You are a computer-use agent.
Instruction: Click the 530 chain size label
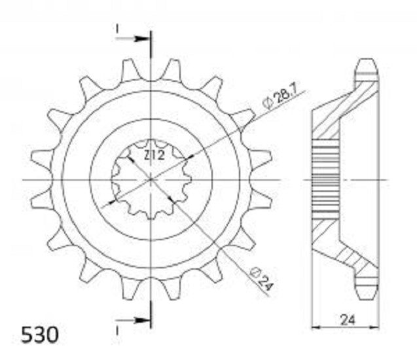40,335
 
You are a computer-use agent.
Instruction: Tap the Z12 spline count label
154,156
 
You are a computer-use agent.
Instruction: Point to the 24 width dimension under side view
348,320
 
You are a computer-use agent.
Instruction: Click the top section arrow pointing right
132,39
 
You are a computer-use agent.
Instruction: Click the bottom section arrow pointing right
132,320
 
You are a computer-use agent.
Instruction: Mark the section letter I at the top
117,29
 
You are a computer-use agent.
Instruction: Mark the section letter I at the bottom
117,331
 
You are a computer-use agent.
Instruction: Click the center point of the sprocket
151,180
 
